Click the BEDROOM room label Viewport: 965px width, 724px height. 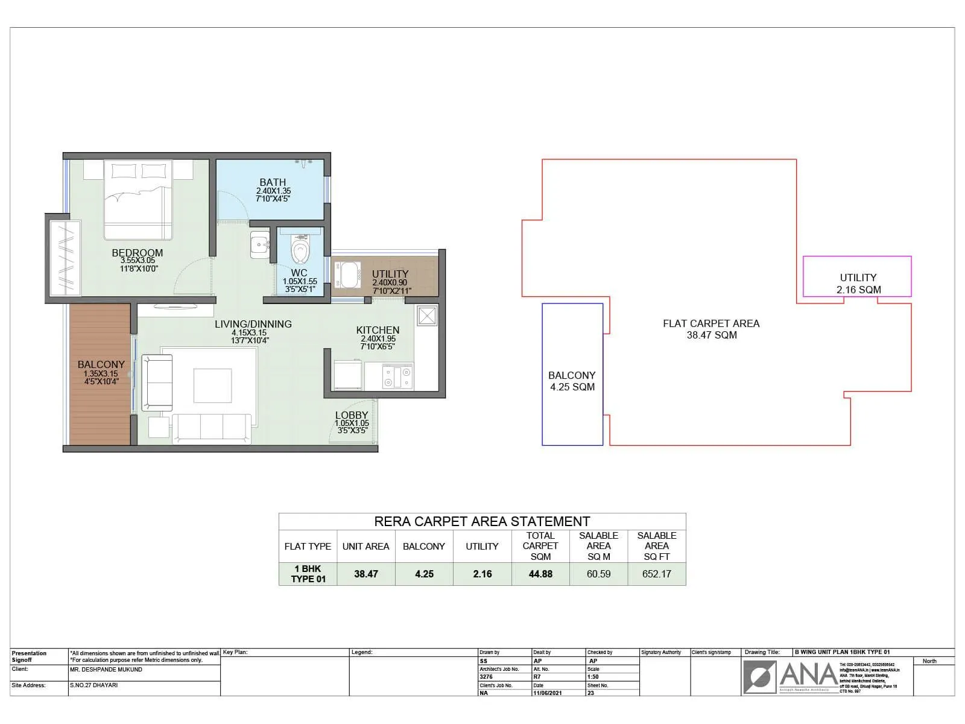pos(138,253)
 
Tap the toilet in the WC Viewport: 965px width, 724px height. pos(300,249)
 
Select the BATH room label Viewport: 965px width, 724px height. pos(273,182)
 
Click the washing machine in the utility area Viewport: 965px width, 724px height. pos(346,276)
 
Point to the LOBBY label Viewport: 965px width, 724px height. pos(352,415)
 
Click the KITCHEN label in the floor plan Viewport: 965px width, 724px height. pos(378,330)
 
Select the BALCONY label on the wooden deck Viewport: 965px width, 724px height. pos(101,364)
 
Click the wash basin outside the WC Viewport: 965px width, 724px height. pos(260,245)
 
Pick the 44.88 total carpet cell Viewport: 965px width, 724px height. pos(540,574)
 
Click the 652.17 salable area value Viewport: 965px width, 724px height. pos(656,574)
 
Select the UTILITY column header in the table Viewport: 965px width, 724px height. pos(482,546)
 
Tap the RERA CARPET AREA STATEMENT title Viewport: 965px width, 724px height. pos(482,521)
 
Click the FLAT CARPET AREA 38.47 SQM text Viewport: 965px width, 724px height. pos(711,329)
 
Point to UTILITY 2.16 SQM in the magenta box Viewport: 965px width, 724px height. pos(858,283)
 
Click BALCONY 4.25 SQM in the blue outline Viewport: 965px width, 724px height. pos(572,381)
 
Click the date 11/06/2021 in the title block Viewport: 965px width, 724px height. pos(547,693)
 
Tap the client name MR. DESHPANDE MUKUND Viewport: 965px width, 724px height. pos(106,669)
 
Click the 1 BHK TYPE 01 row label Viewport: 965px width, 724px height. pos(308,574)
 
